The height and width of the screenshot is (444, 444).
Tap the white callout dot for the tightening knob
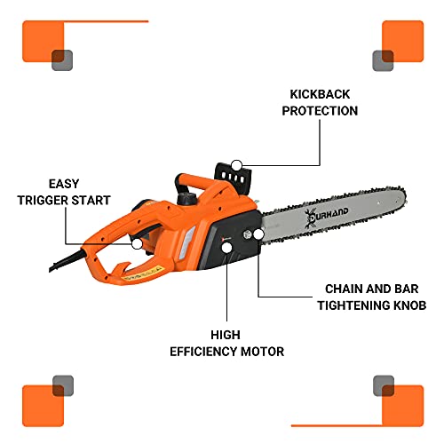[258, 235]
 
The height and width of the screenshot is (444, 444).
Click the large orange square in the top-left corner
[43, 40]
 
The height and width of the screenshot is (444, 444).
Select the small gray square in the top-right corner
[383, 59]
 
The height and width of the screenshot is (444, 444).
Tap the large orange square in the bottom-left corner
[43, 404]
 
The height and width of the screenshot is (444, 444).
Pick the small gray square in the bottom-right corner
[383, 385]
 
